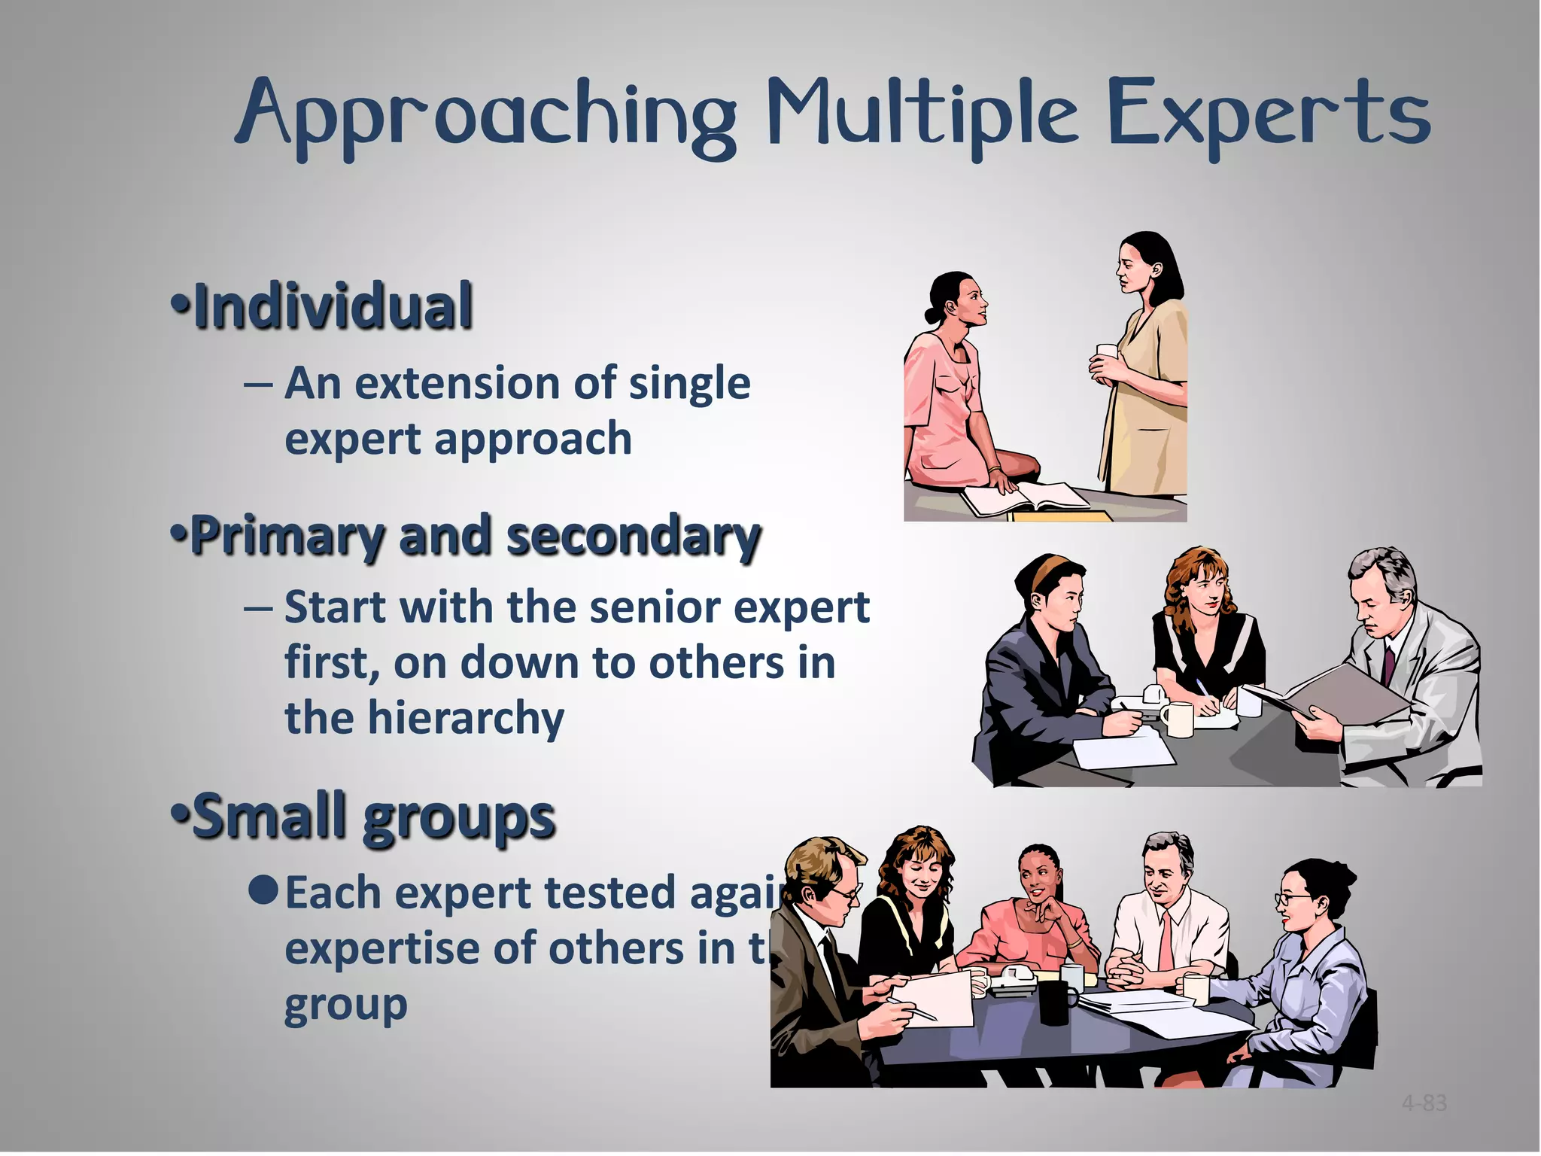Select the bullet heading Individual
[331, 306]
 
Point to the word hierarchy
[464, 719]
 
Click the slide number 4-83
[1424, 1103]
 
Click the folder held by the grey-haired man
[1332, 692]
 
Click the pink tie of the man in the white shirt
[1166, 941]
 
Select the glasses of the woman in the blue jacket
[1287, 899]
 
